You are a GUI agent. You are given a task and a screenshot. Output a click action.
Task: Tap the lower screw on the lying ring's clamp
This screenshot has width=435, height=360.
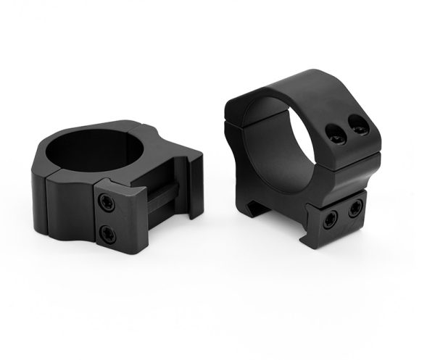pos(108,233)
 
